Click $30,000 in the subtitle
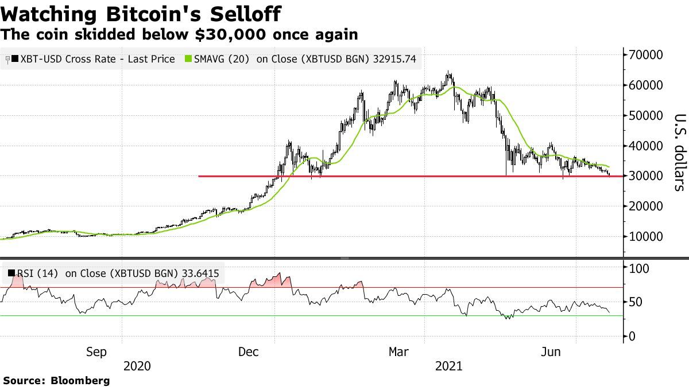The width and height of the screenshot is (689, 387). pos(230,34)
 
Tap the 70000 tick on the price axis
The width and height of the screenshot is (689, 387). pos(645,55)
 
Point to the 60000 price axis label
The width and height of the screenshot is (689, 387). pos(645,85)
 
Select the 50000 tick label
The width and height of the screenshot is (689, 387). pos(645,115)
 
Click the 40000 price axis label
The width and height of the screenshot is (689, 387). pos(645,146)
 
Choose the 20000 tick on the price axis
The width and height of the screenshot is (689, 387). pos(645,206)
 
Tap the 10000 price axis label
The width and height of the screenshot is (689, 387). pos(645,236)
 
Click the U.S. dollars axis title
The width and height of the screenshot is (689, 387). pos(680,153)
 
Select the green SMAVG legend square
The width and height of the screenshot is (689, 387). pos(188,58)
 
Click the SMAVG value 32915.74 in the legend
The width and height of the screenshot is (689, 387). pos(394,59)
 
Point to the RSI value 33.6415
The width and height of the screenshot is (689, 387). pos(200,273)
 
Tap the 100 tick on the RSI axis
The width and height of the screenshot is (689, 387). pos(638,269)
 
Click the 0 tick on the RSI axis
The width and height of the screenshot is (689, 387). pos(632,337)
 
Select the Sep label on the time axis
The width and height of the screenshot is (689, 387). pos(96,351)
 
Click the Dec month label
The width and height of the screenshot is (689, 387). pos(249,351)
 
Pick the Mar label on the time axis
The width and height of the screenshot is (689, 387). pos(398,351)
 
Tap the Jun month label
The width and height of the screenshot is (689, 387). pos(551,351)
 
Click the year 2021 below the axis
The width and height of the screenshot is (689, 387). pos(449,366)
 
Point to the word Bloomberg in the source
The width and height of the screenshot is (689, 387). pos(80,381)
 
